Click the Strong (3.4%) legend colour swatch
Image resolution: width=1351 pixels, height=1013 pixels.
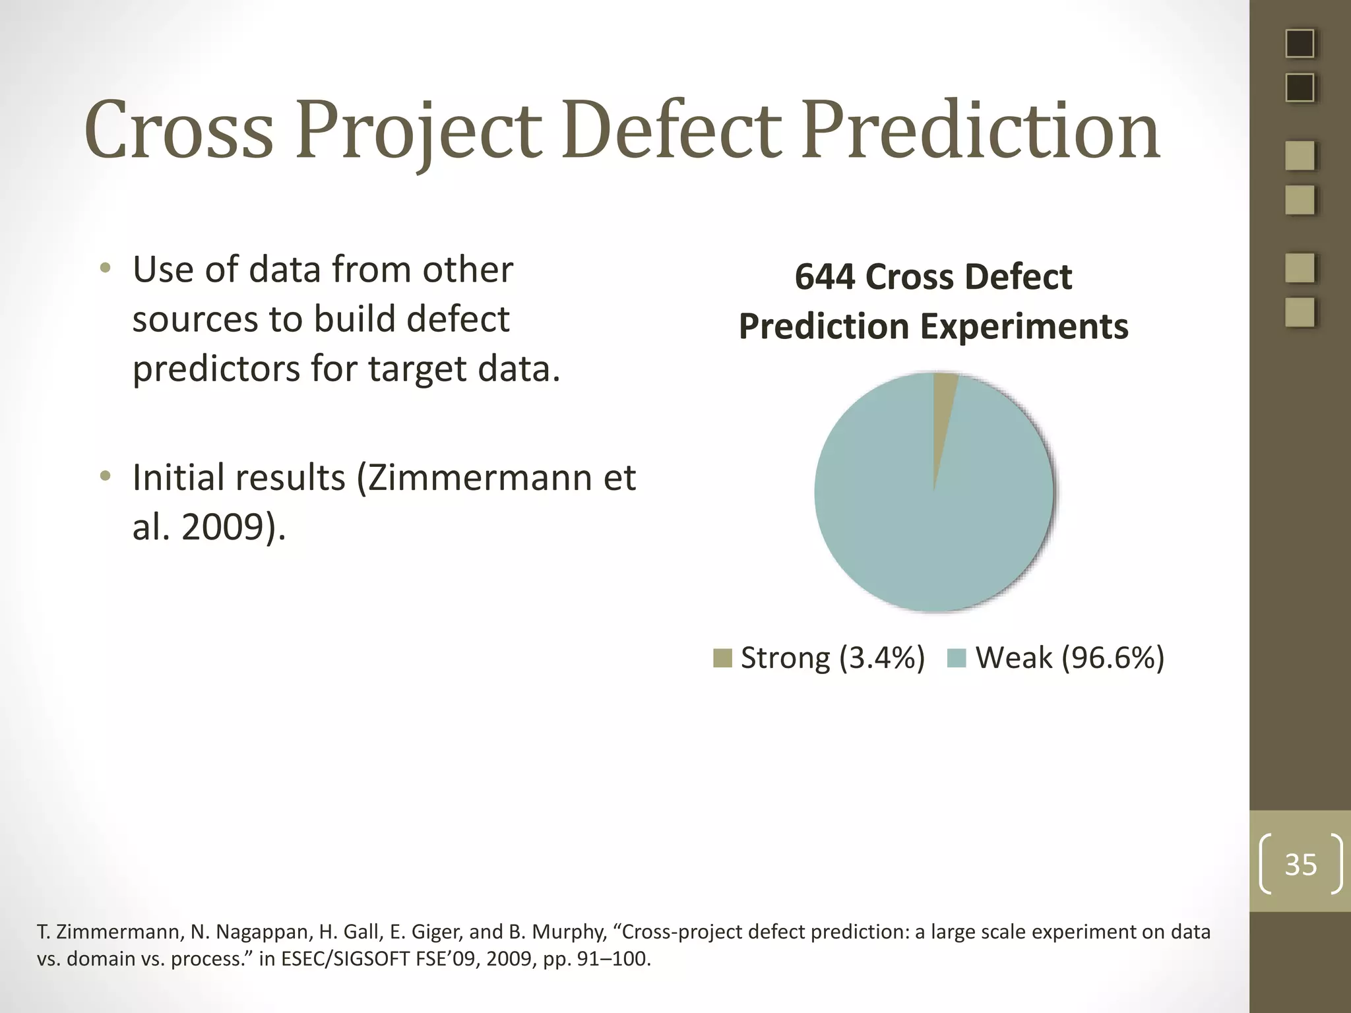722,658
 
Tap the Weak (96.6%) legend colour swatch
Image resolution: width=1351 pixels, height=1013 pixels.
956,658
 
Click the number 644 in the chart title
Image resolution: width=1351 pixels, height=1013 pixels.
825,277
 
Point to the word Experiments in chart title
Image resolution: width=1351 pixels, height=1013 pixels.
1024,327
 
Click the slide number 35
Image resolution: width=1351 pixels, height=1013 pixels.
1300,864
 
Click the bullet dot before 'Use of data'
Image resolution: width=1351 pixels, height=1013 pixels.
105,268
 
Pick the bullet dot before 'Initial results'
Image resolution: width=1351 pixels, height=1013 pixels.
105,476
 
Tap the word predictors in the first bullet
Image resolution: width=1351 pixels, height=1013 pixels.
216,369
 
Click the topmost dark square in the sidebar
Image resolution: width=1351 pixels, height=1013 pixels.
1300,44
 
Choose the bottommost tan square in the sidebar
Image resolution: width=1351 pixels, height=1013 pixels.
1300,313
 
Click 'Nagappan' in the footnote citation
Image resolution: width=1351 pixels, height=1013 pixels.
261,932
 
